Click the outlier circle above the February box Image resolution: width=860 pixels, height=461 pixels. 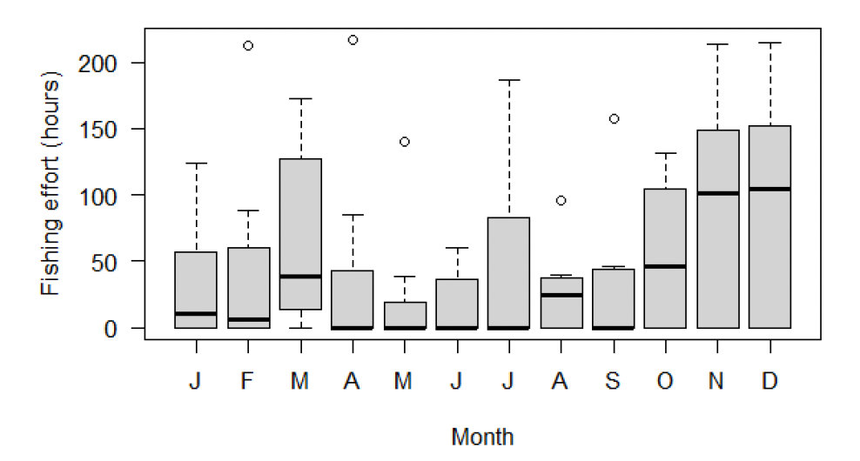(x=248, y=45)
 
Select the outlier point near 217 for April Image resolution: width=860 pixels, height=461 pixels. (x=353, y=40)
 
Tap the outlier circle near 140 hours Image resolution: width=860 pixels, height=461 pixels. (x=405, y=142)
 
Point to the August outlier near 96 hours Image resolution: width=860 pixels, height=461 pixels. (x=561, y=200)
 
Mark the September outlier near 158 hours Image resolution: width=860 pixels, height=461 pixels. (x=614, y=118)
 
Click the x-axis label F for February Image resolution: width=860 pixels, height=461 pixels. (x=248, y=383)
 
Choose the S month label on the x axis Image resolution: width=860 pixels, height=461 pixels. (x=614, y=383)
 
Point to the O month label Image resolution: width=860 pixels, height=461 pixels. (x=666, y=383)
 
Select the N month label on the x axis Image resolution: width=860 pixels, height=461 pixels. (x=718, y=383)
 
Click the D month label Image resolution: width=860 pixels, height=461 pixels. (x=770, y=383)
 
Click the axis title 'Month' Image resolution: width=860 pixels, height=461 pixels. (x=482, y=436)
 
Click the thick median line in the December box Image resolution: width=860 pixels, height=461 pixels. (x=770, y=189)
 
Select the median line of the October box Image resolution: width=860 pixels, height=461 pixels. (x=666, y=266)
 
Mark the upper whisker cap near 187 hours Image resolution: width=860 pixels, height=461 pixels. (x=509, y=80)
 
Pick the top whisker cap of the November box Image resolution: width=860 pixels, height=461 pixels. (x=718, y=44)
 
